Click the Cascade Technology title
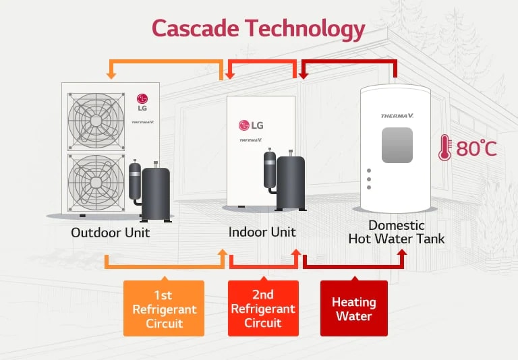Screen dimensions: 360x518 coord(258,28)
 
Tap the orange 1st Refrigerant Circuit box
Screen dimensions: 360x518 coord(164,309)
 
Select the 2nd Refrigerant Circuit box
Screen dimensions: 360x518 coord(263,309)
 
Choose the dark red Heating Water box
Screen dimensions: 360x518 coord(353,309)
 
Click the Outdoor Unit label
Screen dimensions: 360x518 coord(111,233)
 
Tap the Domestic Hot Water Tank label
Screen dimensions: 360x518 coord(396,232)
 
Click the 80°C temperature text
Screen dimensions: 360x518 coord(476,148)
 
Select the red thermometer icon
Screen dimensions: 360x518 coord(444,148)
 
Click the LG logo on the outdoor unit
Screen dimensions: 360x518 coord(142,102)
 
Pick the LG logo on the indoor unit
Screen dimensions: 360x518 coord(250,125)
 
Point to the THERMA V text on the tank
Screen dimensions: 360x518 coord(397,116)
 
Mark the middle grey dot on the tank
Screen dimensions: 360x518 coord(369,180)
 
